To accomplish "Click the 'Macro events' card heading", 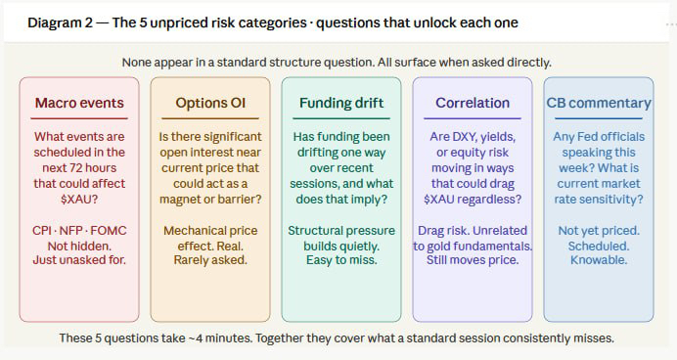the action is [x=79, y=103].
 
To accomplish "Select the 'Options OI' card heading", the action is [x=210, y=103].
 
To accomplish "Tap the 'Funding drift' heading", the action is [x=341, y=103].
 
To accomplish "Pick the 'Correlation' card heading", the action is [x=473, y=103].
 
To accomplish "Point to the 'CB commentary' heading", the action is [x=599, y=103].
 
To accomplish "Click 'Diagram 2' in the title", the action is [x=60, y=22].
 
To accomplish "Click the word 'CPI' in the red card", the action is [x=42, y=231].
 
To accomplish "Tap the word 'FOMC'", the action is [x=109, y=231].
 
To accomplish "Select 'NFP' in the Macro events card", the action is [x=71, y=231].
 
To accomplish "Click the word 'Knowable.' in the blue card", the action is [x=599, y=260].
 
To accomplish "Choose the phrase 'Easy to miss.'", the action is [x=341, y=260].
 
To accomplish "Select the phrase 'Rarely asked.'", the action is [x=210, y=260].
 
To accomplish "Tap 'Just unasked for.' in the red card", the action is [x=79, y=260].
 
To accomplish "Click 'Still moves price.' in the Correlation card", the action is [x=473, y=260].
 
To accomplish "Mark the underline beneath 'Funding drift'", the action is [x=341, y=118].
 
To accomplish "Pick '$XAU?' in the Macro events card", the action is [x=79, y=200].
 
